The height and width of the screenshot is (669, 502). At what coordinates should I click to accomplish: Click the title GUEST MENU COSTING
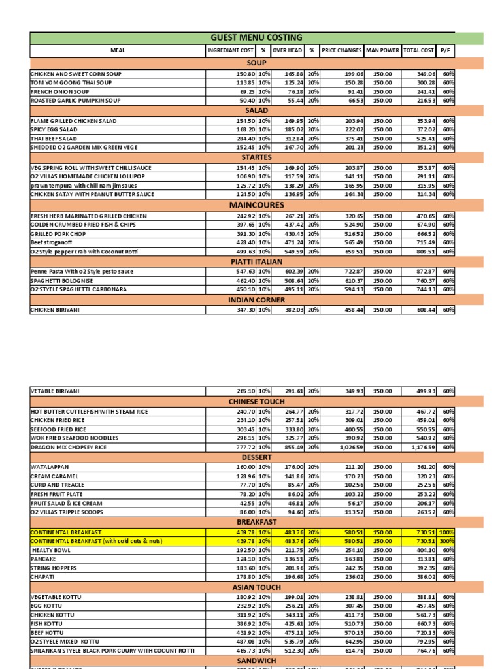256,37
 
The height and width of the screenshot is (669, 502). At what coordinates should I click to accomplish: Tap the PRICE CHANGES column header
341,50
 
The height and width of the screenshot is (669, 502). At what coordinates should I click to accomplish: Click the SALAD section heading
256,111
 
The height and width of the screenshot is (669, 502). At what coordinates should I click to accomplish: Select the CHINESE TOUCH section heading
256,401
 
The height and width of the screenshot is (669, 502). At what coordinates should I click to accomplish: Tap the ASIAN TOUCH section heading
256,587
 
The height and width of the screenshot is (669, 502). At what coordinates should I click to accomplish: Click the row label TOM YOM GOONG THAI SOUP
71,83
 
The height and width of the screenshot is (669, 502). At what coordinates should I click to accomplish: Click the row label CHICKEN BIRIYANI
55,310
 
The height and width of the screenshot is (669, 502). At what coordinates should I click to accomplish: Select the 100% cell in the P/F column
447,532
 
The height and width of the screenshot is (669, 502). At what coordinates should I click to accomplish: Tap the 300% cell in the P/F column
447,542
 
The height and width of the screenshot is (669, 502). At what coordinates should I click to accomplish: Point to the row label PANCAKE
44,559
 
